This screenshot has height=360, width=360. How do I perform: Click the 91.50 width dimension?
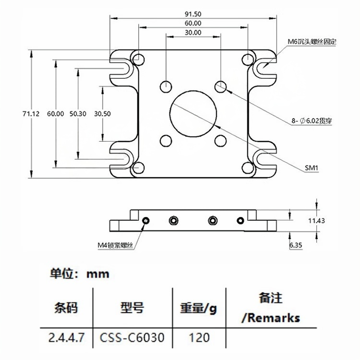tap(193, 14)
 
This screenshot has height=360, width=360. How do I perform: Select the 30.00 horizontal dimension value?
tap(193, 32)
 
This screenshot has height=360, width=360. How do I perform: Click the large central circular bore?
tap(193, 113)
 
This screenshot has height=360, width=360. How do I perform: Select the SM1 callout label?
tap(312, 168)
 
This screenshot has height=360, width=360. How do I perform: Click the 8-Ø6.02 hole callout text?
tap(312, 121)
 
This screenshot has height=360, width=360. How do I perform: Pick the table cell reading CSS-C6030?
tap(132, 337)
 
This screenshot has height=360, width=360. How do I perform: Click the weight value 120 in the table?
tap(199, 337)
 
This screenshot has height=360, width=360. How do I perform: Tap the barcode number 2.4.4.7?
tap(66, 337)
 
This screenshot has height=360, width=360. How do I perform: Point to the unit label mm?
tap(98, 274)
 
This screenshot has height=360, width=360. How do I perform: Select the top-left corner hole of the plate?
tap(138, 60)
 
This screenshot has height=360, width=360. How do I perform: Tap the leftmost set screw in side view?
tap(146, 220)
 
